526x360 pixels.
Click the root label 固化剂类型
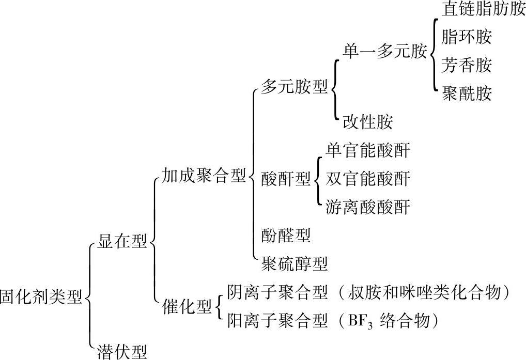[41, 298]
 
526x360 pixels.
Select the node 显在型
[122, 241]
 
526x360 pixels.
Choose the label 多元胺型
[294, 86]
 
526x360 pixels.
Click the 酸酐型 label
[286, 179]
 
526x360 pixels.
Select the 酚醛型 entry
[286, 236]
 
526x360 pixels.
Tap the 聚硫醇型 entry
[294, 264]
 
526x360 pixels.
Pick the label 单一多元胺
[385, 52]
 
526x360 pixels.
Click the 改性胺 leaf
[367, 122]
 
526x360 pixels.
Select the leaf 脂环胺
[467, 37]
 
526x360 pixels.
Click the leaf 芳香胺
[467, 66]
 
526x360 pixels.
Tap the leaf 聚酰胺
[467, 94]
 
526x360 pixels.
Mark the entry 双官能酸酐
[368, 179]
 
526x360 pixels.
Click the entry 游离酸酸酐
[368, 207]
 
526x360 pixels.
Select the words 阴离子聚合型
[277, 293]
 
